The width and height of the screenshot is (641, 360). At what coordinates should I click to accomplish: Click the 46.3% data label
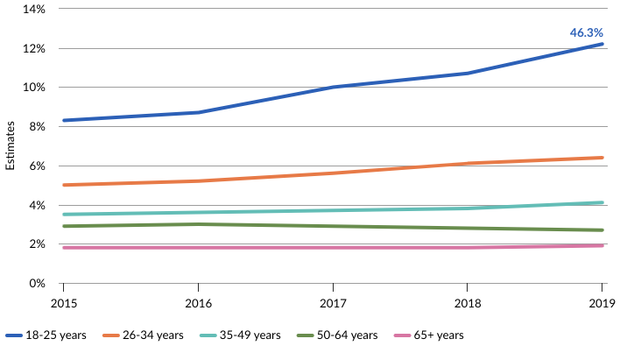(586, 32)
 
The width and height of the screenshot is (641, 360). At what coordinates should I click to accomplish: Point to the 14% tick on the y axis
(33, 9)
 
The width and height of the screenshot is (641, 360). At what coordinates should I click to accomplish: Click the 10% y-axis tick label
(33, 88)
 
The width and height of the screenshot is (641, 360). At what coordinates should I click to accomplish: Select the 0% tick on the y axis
(36, 284)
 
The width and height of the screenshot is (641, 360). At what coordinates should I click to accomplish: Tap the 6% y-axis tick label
(36, 166)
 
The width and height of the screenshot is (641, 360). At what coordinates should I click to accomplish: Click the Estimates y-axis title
(11, 145)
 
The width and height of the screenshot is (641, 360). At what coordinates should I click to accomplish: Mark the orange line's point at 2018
(468, 163)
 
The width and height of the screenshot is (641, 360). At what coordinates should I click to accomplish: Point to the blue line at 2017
(333, 87)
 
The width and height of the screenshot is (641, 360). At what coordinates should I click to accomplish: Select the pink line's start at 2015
(63, 248)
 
